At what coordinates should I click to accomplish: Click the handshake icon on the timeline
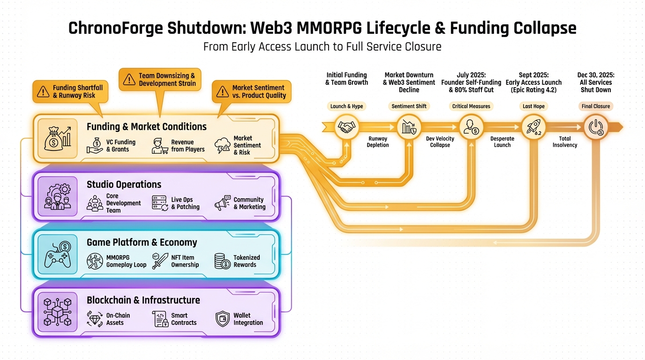coord(346,127)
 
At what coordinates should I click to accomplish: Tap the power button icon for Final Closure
coord(595,127)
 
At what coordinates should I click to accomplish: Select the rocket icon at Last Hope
coord(533,127)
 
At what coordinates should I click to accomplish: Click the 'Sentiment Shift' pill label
coord(409,106)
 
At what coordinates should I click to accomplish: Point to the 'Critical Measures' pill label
coord(471,106)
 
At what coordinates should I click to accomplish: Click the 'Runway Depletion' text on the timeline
coord(378,142)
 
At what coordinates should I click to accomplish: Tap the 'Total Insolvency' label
coord(565,142)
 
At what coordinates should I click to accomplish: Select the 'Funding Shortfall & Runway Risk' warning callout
coord(70,91)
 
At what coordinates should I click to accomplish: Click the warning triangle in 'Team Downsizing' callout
coord(129,79)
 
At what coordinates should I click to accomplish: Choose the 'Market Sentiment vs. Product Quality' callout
coord(252,91)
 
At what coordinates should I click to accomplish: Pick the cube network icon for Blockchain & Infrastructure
coord(57,312)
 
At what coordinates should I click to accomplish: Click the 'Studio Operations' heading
coord(124,184)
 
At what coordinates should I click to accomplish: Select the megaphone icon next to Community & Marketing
coord(223,203)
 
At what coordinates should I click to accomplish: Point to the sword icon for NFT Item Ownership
coord(160,261)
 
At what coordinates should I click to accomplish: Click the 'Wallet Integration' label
coord(248,319)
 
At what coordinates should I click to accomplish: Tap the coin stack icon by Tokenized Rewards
coord(222,261)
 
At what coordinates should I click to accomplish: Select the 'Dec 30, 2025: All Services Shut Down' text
coord(596,82)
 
